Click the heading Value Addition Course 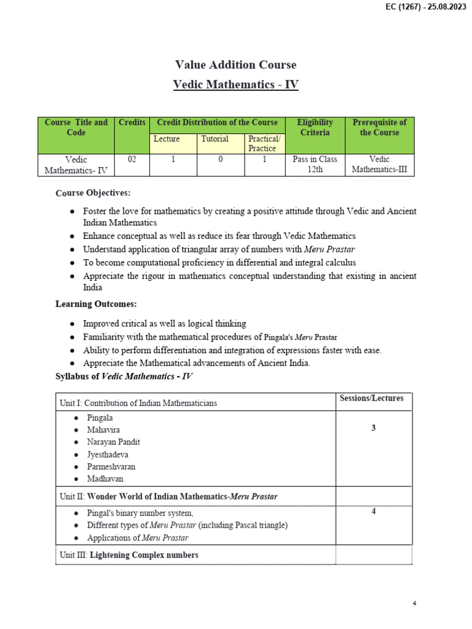tap(236, 64)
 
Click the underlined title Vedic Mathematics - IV tap(236, 85)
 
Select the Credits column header tap(132, 123)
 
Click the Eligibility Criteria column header tap(315, 127)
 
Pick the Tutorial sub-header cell tap(214, 139)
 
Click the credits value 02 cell tap(132, 160)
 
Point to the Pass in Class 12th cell tap(315, 165)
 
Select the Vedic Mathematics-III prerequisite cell tap(379, 165)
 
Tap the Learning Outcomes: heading tap(96, 304)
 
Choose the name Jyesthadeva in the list tap(108, 454)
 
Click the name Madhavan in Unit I tap(105, 479)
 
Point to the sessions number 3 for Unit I tap(373, 428)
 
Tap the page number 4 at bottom tap(414, 604)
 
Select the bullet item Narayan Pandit tap(113, 442)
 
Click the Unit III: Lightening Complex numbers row tap(129, 555)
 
